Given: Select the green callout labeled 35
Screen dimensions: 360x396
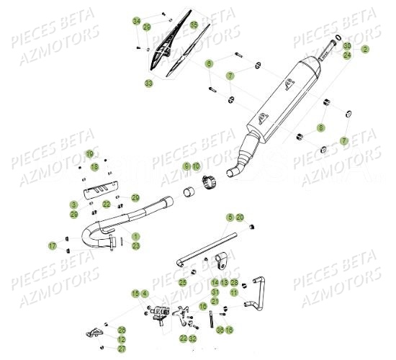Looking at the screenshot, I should pyautogui.click(x=194, y=25).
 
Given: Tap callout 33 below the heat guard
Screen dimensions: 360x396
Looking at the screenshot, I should pyautogui.click(x=149, y=84).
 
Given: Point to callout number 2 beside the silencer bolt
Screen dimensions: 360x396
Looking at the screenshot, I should pyautogui.click(x=365, y=50).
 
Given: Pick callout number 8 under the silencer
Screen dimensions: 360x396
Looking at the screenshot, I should pyautogui.click(x=321, y=127).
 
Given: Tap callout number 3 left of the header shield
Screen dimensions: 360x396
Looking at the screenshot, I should pyautogui.click(x=94, y=205).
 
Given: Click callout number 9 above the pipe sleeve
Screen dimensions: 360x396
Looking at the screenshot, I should pyautogui.click(x=186, y=166).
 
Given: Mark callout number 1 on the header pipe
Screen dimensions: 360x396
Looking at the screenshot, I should pyautogui.click(x=136, y=236).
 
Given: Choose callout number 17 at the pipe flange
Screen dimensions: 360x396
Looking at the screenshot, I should pyautogui.click(x=53, y=246).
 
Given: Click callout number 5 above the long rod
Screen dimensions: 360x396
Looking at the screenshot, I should pyautogui.click(x=230, y=217).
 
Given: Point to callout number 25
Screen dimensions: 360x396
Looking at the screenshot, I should pyautogui.click(x=183, y=283).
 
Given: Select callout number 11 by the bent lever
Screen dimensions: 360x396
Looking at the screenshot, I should pyautogui.click(x=234, y=292).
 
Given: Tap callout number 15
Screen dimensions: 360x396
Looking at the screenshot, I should pyautogui.click(x=135, y=293).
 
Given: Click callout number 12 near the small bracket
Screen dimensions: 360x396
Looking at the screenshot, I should pyautogui.click(x=122, y=339).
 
